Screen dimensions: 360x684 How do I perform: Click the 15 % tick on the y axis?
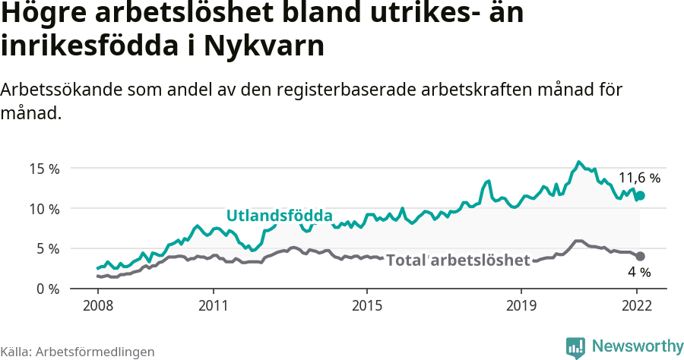coord(45,169)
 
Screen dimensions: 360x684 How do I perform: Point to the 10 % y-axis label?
coord(45,209)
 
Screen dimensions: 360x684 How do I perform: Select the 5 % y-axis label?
coord(48,248)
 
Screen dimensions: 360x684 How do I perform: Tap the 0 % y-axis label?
coord(48,289)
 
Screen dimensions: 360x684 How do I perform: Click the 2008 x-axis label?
coord(97,306)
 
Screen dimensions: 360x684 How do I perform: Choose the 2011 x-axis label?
coord(213,306)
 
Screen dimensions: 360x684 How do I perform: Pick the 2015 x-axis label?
coord(367,306)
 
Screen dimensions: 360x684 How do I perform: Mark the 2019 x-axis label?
coord(521,306)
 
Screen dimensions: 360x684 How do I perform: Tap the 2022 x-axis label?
coord(637,306)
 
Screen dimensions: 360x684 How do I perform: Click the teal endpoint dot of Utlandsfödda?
coord(640,195)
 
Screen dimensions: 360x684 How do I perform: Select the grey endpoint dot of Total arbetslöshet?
coord(640,256)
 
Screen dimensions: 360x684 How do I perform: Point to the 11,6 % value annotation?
coord(639,178)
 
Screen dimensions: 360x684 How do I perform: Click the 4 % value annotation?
coord(639,272)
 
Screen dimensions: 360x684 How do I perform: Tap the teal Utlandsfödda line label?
coord(280,216)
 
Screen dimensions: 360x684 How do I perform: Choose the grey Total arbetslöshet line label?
coord(458,261)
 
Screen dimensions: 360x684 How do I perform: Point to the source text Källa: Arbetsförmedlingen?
coord(78,352)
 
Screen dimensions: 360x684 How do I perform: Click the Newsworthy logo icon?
coord(575,347)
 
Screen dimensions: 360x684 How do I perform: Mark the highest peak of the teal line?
coord(578,162)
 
